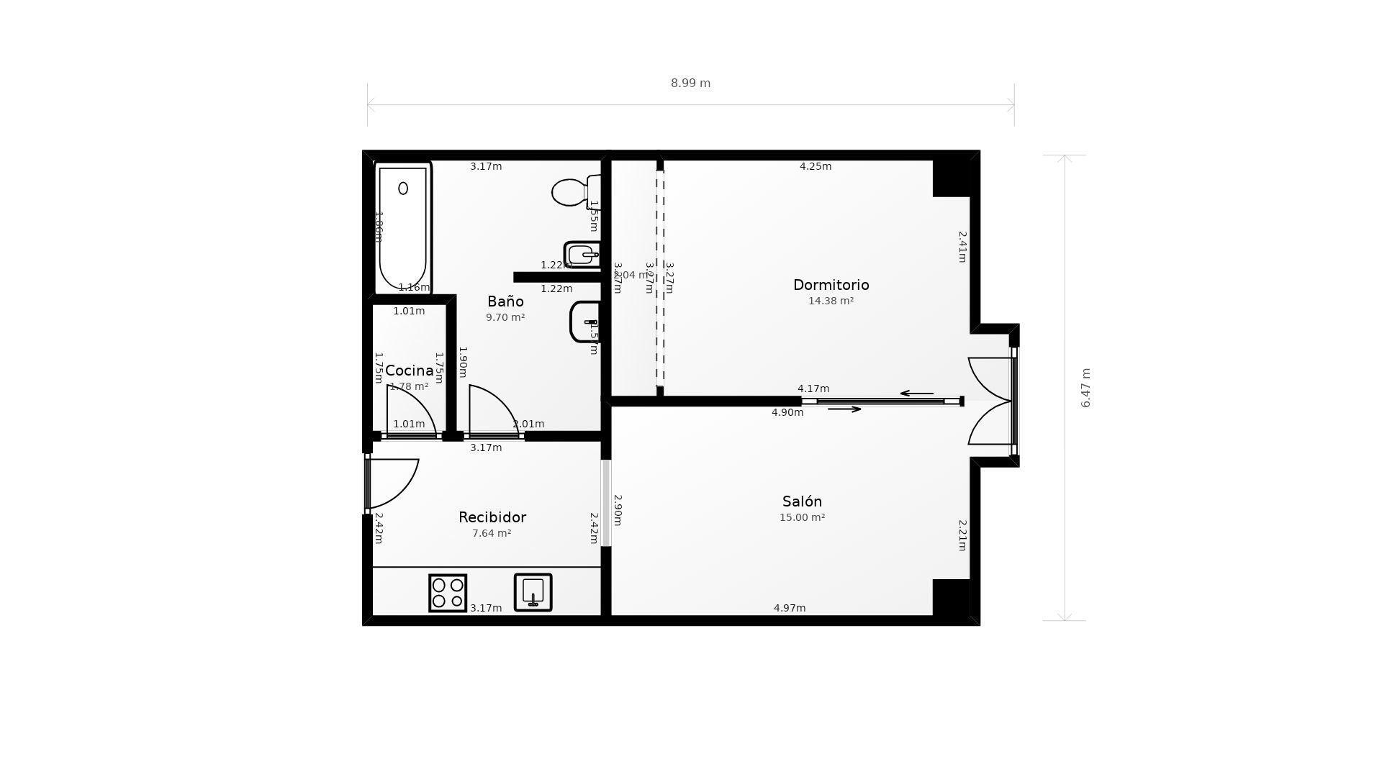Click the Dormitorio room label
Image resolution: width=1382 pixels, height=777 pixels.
(831, 285)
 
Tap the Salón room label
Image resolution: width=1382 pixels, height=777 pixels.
(802, 501)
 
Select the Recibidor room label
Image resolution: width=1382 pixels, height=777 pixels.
(492, 517)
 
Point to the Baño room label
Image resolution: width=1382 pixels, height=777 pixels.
(505, 301)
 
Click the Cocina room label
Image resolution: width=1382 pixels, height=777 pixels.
(409, 371)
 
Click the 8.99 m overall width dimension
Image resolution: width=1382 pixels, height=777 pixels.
(690, 83)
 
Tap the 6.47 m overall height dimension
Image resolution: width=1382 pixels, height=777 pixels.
(1086, 388)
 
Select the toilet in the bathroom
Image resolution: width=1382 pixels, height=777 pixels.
(572, 192)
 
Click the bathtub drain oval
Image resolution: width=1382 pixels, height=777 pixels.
(403, 188)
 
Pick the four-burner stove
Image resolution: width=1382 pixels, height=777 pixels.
(448, 593)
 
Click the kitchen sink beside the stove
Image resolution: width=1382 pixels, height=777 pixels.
(533, 592)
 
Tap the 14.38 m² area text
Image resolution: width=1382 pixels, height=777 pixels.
(831, 301)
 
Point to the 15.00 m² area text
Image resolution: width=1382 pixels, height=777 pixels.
(802, 518)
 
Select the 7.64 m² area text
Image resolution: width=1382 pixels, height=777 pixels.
(492, 534)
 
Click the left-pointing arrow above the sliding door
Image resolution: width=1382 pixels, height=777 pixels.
(916, 394)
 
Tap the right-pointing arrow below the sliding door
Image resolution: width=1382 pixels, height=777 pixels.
(844, 409)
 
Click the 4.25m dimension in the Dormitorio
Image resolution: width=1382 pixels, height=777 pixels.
(816, 166)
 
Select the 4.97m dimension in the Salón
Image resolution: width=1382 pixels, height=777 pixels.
(790, 608)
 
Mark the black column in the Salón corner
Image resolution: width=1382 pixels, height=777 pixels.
(951, 597)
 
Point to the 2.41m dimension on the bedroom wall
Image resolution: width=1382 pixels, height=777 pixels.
(962, 246)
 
